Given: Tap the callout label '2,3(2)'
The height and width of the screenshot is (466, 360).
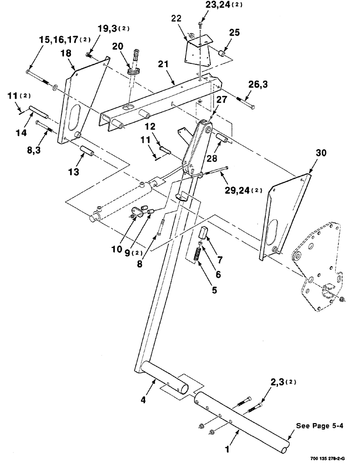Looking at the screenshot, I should coord(281,384).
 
